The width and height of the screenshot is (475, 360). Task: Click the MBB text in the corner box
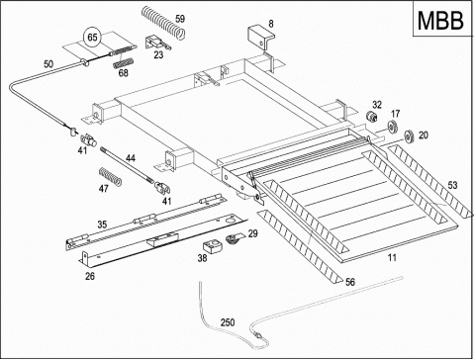(440, 21)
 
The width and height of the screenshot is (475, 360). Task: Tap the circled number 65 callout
(92, 37)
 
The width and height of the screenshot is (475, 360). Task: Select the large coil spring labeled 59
(163, 23)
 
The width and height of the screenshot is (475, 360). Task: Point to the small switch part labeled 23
(157, 44)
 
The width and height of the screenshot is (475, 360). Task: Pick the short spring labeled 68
(124, 62)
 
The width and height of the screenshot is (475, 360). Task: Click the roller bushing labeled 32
(372, 117)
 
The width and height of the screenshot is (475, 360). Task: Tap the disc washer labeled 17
(392, 127)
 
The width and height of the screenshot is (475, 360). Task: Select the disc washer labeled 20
(410, 136)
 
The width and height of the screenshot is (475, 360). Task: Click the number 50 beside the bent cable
(48, 64)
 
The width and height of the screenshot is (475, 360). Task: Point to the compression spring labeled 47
(111, 176)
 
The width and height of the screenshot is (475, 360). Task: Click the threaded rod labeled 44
(127, 164)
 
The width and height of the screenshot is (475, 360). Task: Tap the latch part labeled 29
(235, 238)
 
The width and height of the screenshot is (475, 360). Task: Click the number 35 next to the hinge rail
(102, 225)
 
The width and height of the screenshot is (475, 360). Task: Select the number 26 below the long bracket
(90, 276)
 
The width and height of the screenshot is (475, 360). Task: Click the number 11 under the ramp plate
(392, 257)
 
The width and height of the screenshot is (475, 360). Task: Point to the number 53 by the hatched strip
(452, 185)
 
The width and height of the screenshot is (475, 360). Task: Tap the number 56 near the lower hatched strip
(350, 282)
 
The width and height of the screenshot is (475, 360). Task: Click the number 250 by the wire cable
(228, 322)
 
